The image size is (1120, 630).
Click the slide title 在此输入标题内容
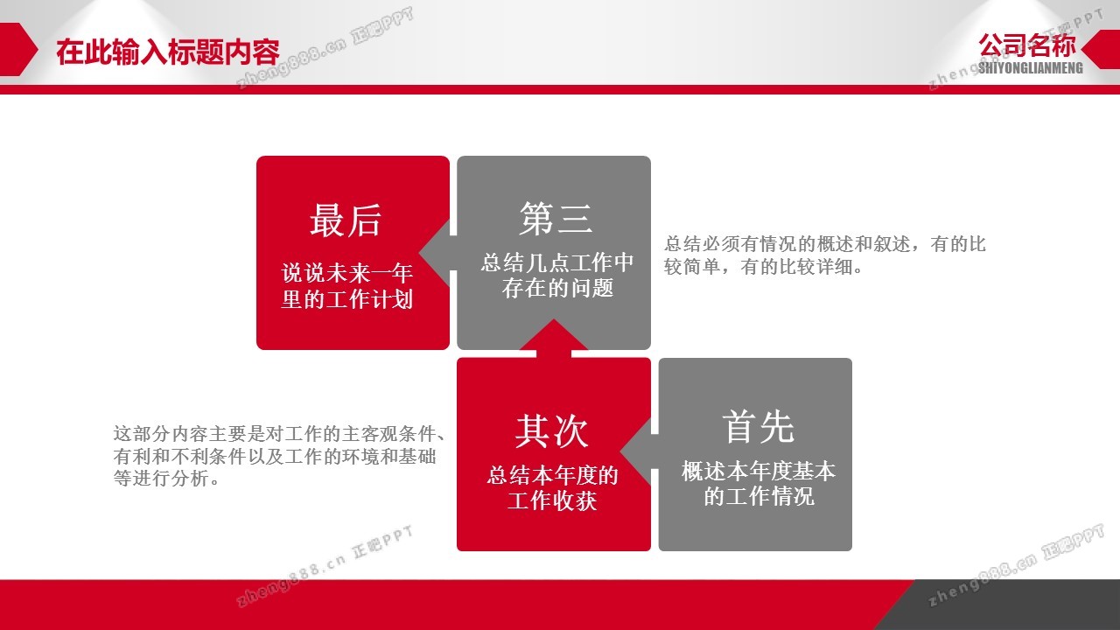tap(167, 52)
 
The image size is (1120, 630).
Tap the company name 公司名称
tap(1027, 45)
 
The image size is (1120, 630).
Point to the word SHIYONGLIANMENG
tap(1031, 68)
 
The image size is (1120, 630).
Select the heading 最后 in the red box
tap(346, 220)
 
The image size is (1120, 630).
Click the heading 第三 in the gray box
tap(556, 218)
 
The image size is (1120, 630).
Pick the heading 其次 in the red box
tap(552, 431)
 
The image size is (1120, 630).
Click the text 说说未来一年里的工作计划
tap(347, 286)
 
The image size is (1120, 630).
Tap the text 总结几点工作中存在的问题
tap(557, 276)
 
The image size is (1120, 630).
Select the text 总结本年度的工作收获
tap(552, 488)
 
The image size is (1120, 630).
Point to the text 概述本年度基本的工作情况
tap(759, 484)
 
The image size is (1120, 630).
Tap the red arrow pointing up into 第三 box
tap(554, 339)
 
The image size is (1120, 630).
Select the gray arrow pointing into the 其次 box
tap(640, 452)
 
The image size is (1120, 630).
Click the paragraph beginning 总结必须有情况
tap(824, 255)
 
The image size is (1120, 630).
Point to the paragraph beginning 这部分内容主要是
tap(279, 456)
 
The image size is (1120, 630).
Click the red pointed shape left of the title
tap(18, 49)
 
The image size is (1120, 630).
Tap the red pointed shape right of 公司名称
tap(1101, 49)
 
